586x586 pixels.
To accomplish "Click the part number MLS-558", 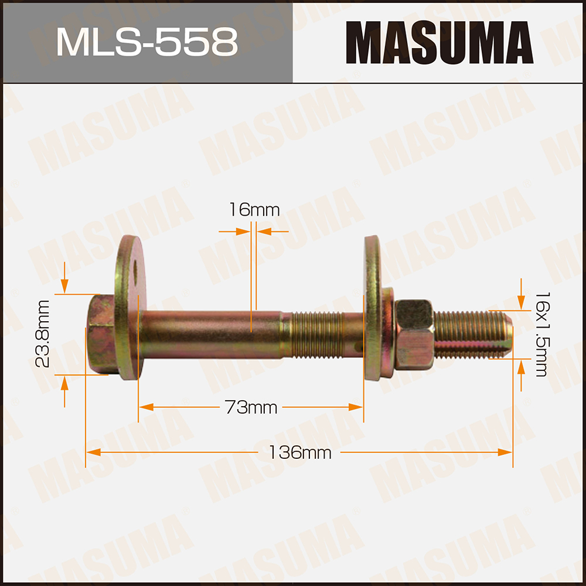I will pos(146,42).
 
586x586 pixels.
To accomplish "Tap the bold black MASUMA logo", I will pos(438,42).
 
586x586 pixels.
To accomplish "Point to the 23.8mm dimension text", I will pos(42,334).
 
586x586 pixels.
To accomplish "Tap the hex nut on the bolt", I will pos(414,334).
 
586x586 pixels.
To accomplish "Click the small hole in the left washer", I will pos(135,270).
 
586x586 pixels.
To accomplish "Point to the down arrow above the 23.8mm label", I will pos(64,287).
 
